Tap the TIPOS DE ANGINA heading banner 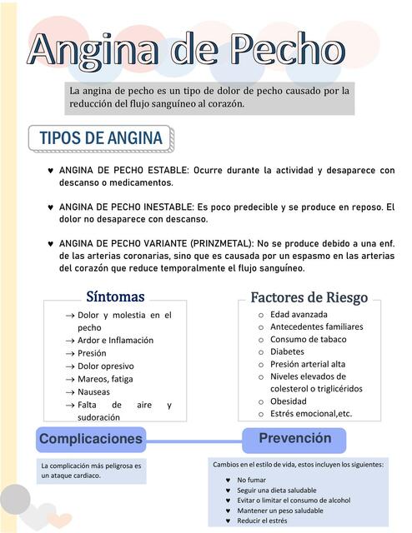coord(100,137)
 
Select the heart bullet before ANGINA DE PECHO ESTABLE coord(52,171)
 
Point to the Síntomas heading coord(115,297)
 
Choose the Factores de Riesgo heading coord(309,297)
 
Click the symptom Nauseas coord(93,391)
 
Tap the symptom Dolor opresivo coord(105,366)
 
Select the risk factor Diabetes coord(287,351)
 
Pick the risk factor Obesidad coord(289,401)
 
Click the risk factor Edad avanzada coord(299,314)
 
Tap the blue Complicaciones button coord(91,439)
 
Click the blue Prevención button coord(294,439)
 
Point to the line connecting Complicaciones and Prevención coord(193,441)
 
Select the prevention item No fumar coord(251,480)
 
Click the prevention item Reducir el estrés coord(262,521)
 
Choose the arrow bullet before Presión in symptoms coord(70,353)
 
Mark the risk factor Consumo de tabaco coord(308,339)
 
